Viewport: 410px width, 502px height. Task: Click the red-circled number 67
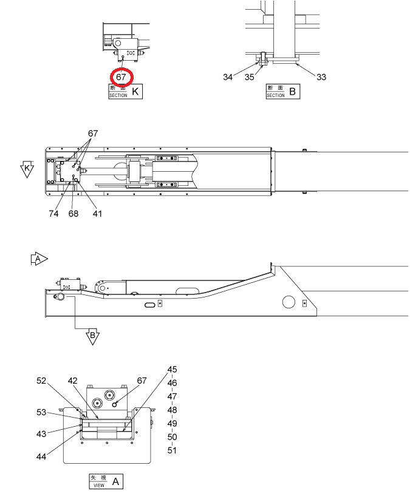[121, 77]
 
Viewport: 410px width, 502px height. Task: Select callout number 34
[228, 77]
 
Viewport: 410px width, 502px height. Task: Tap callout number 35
[249, 77]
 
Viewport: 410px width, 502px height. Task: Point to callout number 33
[321, 77]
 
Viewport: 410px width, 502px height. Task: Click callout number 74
[54, 214]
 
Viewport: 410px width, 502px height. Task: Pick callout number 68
[73, 214]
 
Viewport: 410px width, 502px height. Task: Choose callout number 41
[97, 214]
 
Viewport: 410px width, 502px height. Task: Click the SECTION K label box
[125, 92]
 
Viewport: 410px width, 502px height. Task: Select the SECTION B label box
[283, 92]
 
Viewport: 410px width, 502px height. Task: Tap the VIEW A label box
[106, 481]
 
